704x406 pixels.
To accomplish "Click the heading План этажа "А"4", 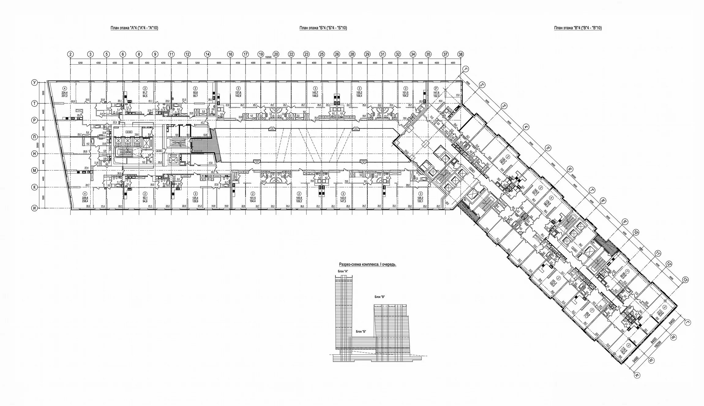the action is [134, 28].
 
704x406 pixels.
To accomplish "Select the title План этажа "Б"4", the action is [323, 28].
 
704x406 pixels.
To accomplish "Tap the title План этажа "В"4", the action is [578, 28].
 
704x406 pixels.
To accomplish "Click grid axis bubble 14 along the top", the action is [208, 54].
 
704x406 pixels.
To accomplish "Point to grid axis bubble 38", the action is [460, 54].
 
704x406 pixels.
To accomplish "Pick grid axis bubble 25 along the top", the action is [321, 54].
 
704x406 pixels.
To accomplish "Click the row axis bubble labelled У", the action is [35, 83].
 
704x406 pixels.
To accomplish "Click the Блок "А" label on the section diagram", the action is [343, 271].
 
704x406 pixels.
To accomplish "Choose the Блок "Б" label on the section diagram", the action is [361, 331].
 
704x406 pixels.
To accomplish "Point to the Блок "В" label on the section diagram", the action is [380, 296].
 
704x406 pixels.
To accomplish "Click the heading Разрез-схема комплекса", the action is [368, 265].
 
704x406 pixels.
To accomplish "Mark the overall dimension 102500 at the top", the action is [268, 57].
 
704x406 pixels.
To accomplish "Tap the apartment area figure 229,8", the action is [84, 198].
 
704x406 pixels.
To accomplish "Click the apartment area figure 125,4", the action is [195, 198].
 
